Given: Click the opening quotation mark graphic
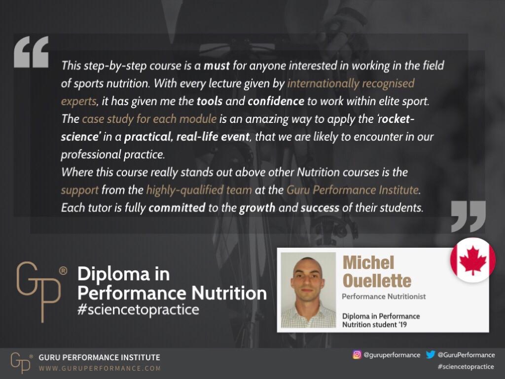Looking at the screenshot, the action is click(31, 52).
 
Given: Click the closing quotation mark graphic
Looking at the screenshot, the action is click(469, 216).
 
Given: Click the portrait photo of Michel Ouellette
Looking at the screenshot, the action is click(308, 290).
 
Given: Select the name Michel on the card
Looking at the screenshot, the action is click(368, 263).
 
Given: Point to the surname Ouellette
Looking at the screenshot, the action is click(377, 281).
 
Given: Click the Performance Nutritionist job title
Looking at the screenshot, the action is click(384, 297).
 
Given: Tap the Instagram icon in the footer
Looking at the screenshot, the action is click(357, 354).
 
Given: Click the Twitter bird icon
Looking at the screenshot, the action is click(431, 354).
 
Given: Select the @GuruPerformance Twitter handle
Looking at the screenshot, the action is click(466, 355).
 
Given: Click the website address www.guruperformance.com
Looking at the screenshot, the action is click(100, 368).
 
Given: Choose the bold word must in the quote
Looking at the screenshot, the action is click(217, 66).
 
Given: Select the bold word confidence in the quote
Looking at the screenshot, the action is click(276, 101).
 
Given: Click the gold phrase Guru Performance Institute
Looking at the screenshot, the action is click(353, 190).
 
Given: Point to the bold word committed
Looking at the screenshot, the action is click(177, 208).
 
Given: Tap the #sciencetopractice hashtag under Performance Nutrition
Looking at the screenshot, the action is click(138, 309).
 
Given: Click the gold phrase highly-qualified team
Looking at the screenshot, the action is click(199, 190).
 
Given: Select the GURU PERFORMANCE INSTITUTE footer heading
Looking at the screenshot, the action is click(99, 357).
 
